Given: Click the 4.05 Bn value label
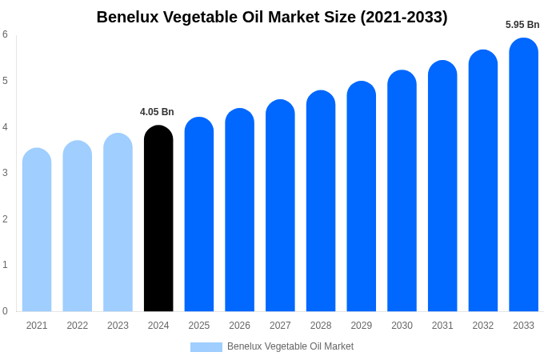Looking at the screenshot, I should tap(157, 112).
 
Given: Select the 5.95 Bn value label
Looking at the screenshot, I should tap(522, 25).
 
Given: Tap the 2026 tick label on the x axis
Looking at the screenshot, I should tap(239, 326).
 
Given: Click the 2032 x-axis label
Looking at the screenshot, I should tap(483, 326).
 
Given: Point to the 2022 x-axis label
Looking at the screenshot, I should tap(78, 326).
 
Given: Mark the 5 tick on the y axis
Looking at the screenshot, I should tap(5, 81).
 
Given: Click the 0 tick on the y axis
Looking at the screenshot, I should tap(5, 311).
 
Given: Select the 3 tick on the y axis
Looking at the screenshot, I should tap(5, 173).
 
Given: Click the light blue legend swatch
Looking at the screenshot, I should tap(206, 347).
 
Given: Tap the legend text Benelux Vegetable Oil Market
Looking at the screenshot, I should tap(290, 346).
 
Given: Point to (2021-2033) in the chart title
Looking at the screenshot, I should tap(403, 17).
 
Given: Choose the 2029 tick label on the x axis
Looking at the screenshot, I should tap(362, 326).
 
